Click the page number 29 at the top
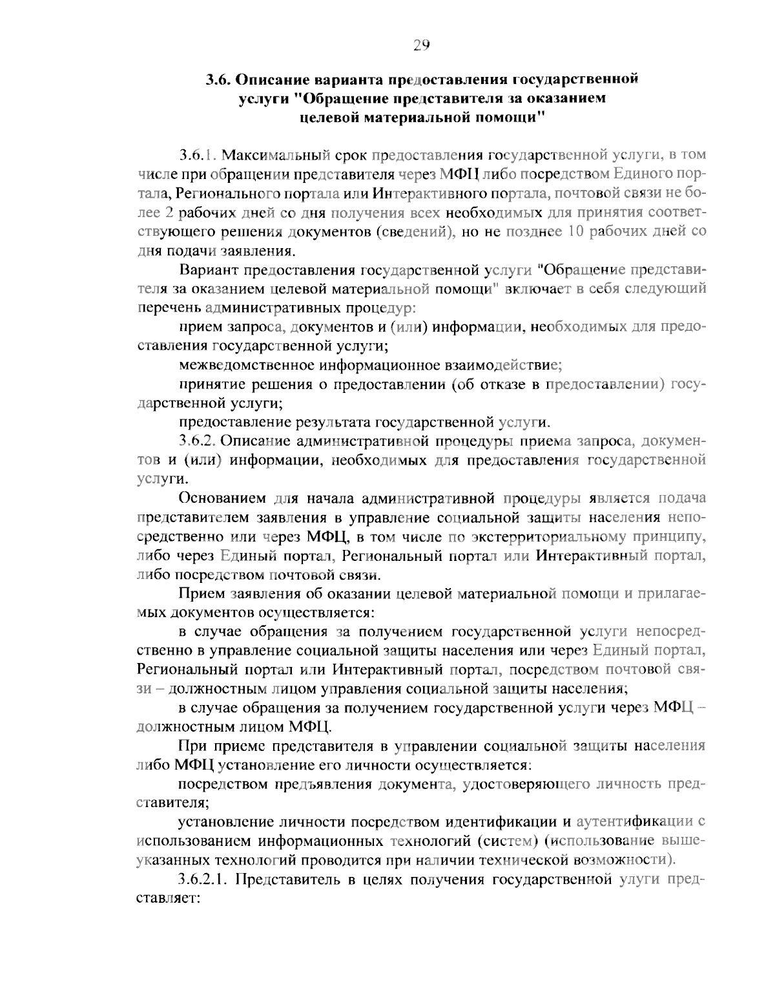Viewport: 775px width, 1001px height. tap(421, 45)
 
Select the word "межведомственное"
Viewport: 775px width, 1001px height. tap(247, 365)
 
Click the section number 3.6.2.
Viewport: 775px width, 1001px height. tap(201, 441)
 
